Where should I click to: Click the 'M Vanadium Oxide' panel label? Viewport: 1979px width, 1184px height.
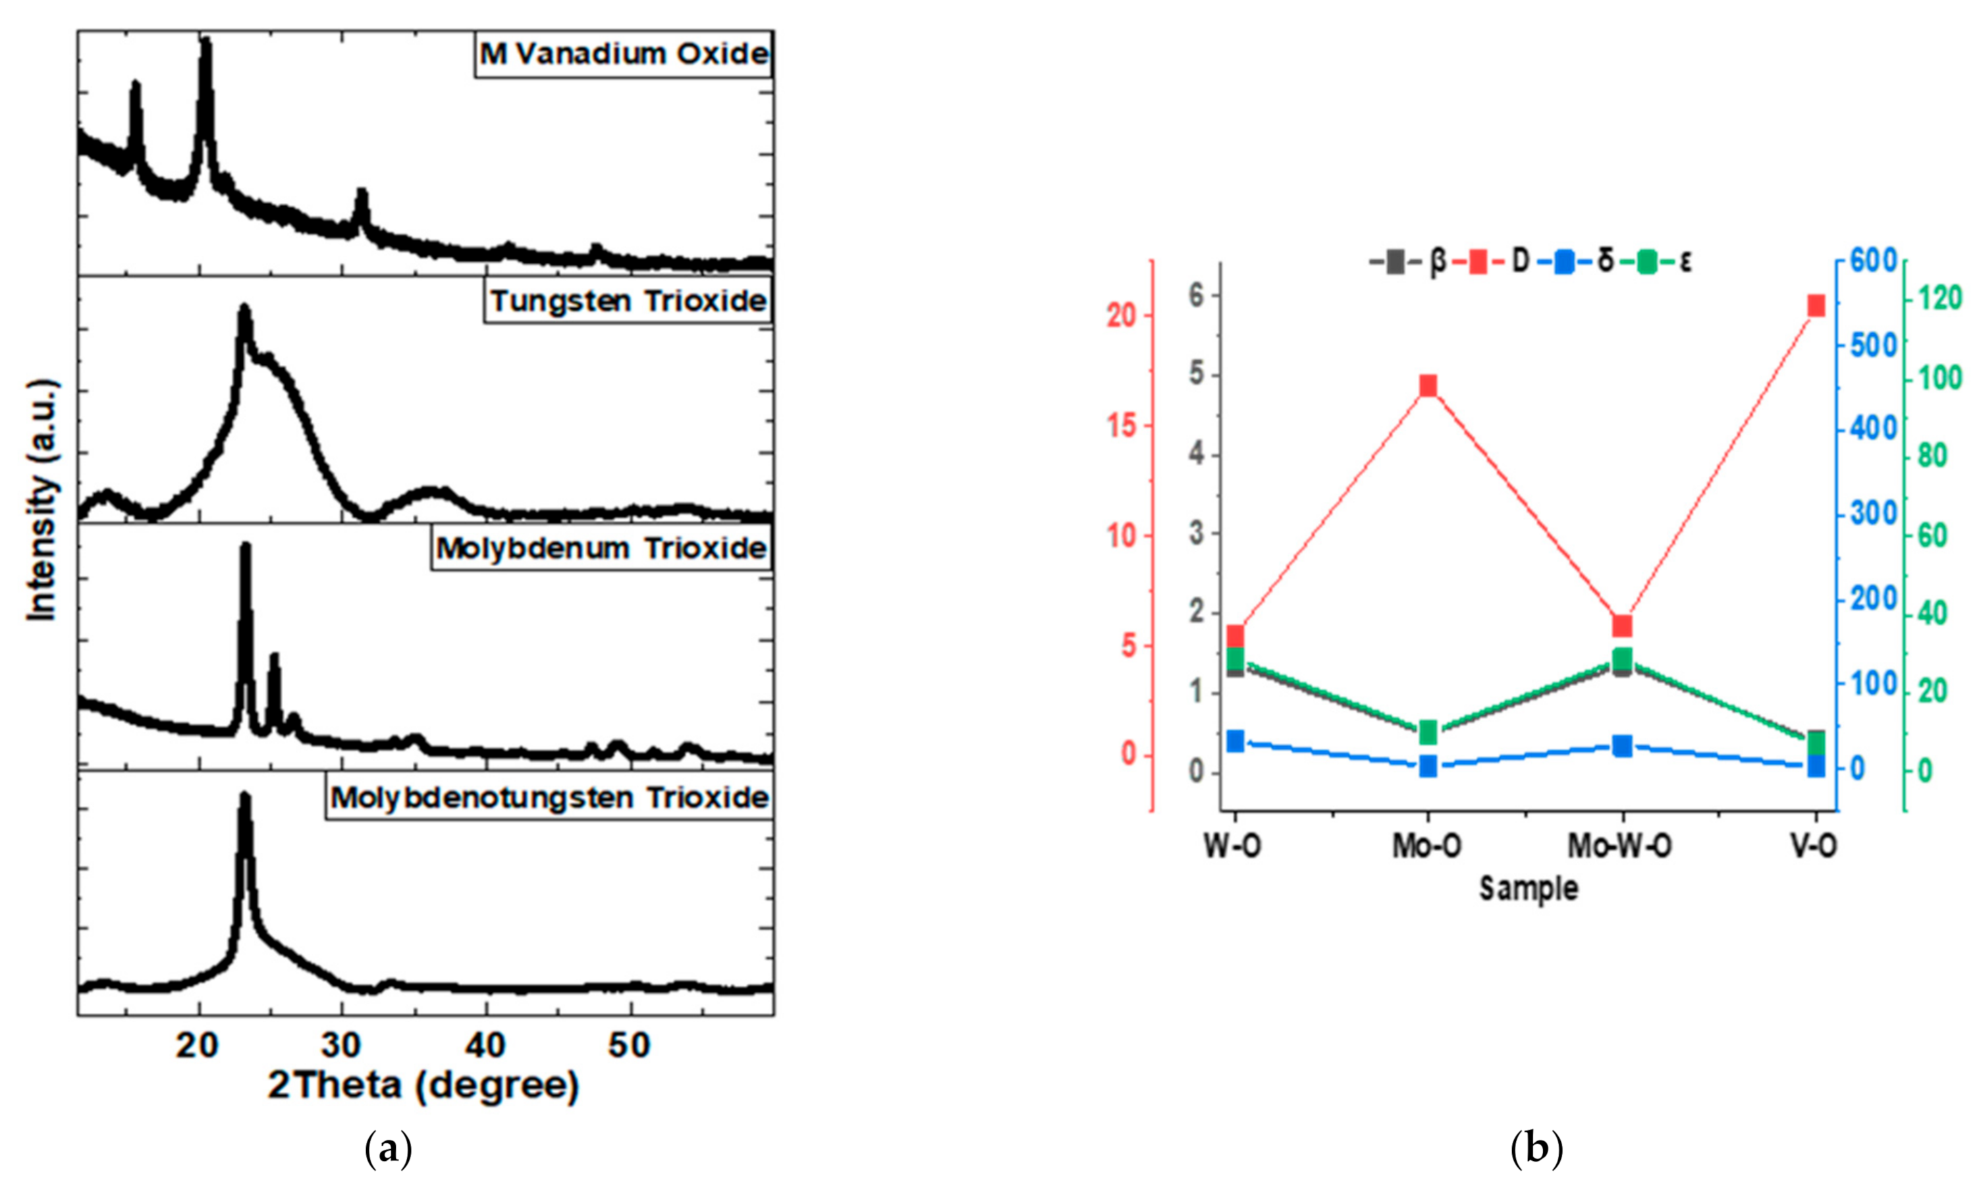[x=624, y=54]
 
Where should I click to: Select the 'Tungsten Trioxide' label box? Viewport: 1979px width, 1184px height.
[x=628, y=302]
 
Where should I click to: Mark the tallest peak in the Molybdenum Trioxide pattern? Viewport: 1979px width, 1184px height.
[x=245, y=548]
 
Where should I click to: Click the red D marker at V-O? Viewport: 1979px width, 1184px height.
[x=1816, y=306]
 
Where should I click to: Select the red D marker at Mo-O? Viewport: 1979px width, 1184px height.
[x=1428, y=386]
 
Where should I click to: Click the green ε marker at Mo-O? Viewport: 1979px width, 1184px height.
[x=1428, y=730]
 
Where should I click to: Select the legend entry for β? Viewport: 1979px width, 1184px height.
[x=1409, y=261]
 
